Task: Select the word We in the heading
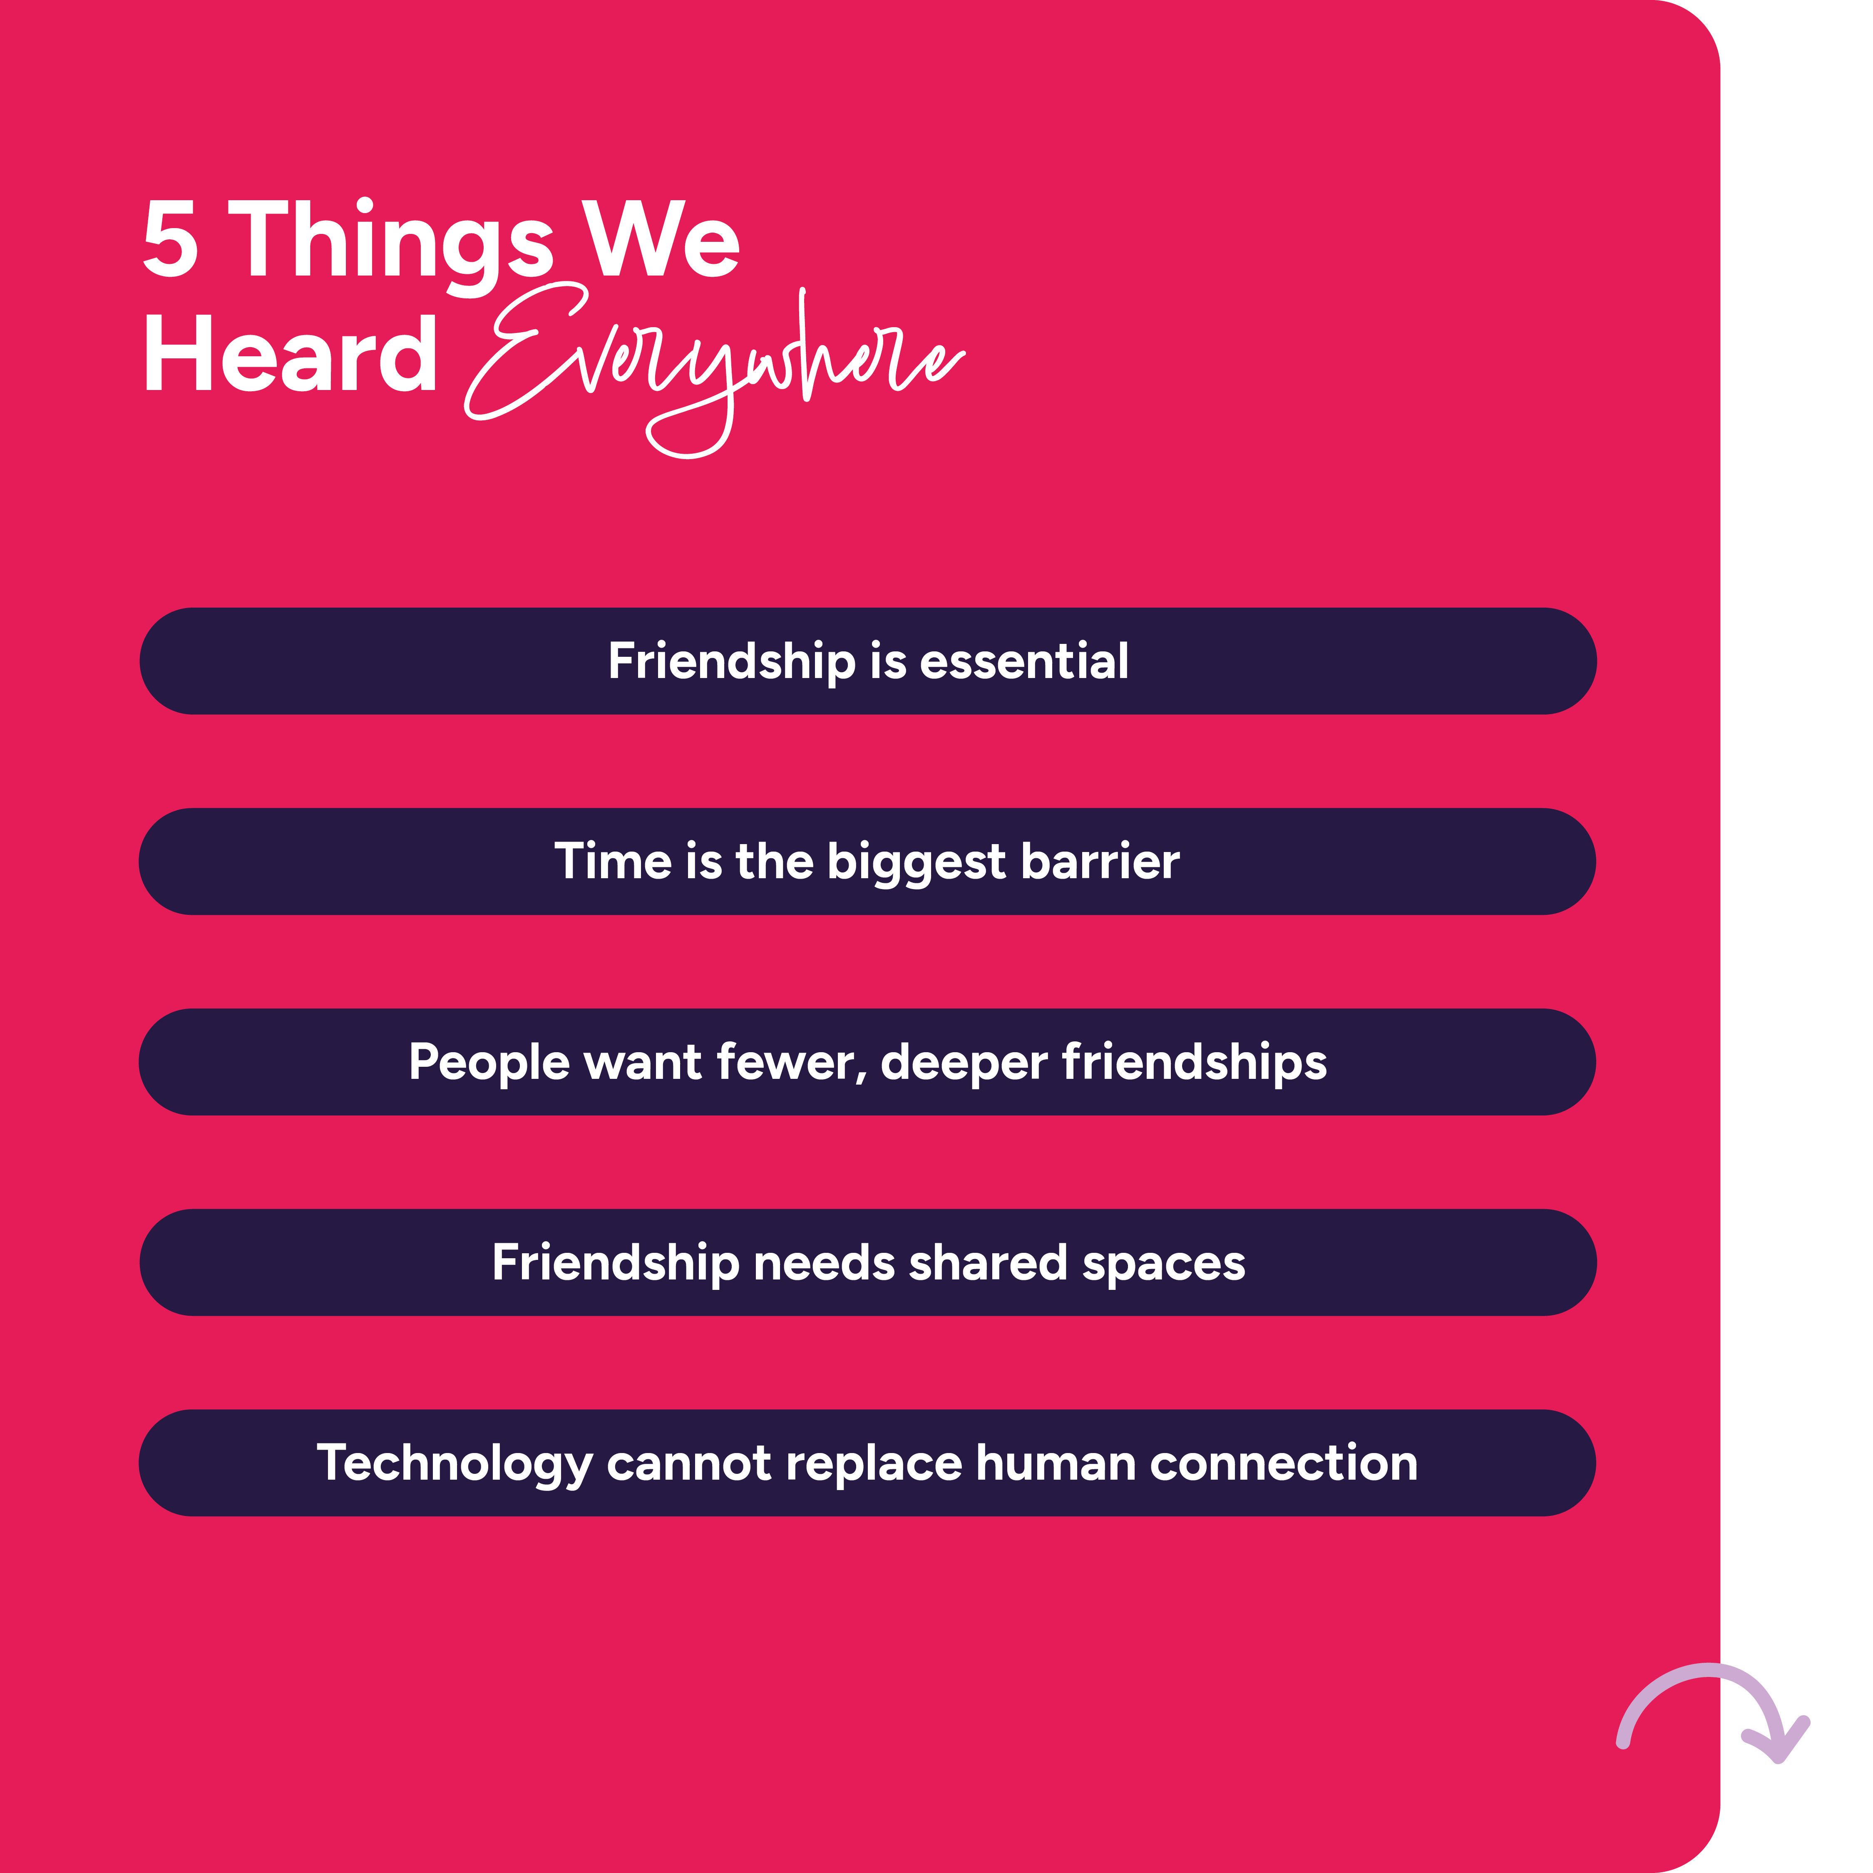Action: click(660, 238)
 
